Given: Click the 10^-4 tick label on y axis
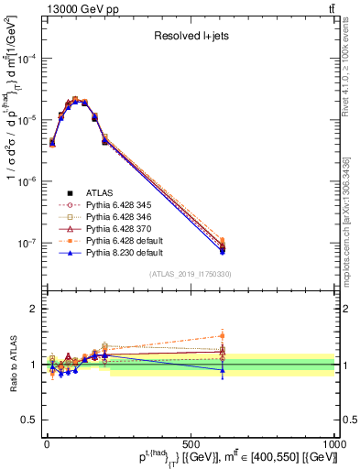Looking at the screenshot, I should pyautogui.click(x=27, y=58).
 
